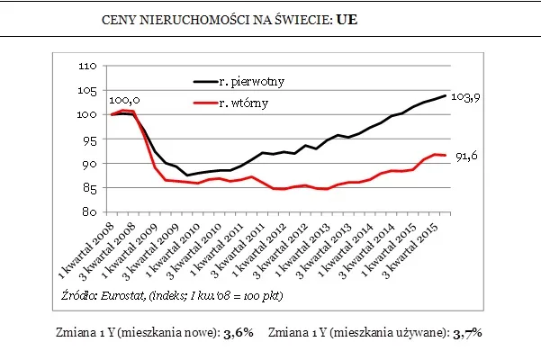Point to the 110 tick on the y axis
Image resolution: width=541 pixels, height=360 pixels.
[x=88, y=67]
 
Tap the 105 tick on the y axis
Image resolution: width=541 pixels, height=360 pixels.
[x=88, y=91]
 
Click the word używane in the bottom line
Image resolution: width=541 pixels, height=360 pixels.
[x=419, y=333]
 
